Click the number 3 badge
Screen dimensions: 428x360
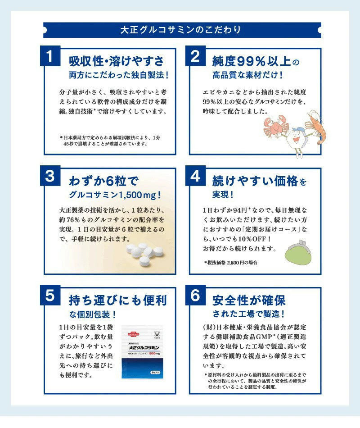[x=50, y=176]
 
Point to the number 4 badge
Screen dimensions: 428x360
[x=195, y=176]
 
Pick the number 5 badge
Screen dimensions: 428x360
[x=50, y=296]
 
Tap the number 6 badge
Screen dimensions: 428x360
[x=195, y=296]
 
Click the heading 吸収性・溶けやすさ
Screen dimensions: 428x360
[x=116, y=61]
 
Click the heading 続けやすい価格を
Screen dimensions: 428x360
[x=259, y=181]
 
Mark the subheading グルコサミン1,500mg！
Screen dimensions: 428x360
[x=115, y=195]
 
